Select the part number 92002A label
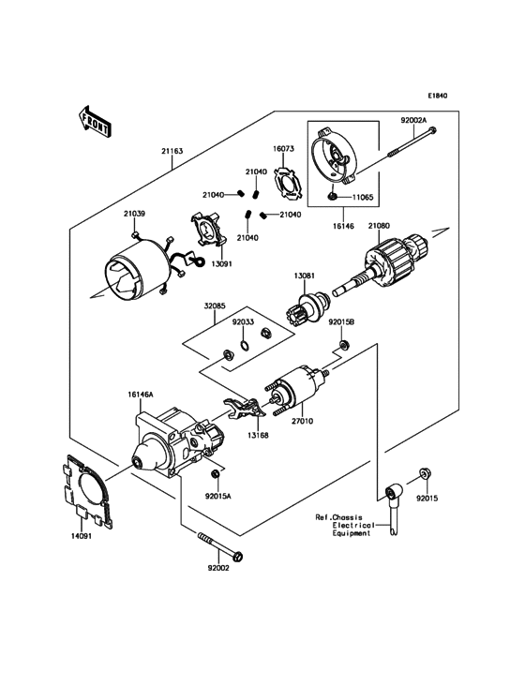tap(413, 122)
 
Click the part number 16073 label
tap(284, 149)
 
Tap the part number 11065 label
tap(364, 200)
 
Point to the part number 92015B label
tap(341, 321)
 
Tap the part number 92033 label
tap(243, 321)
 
